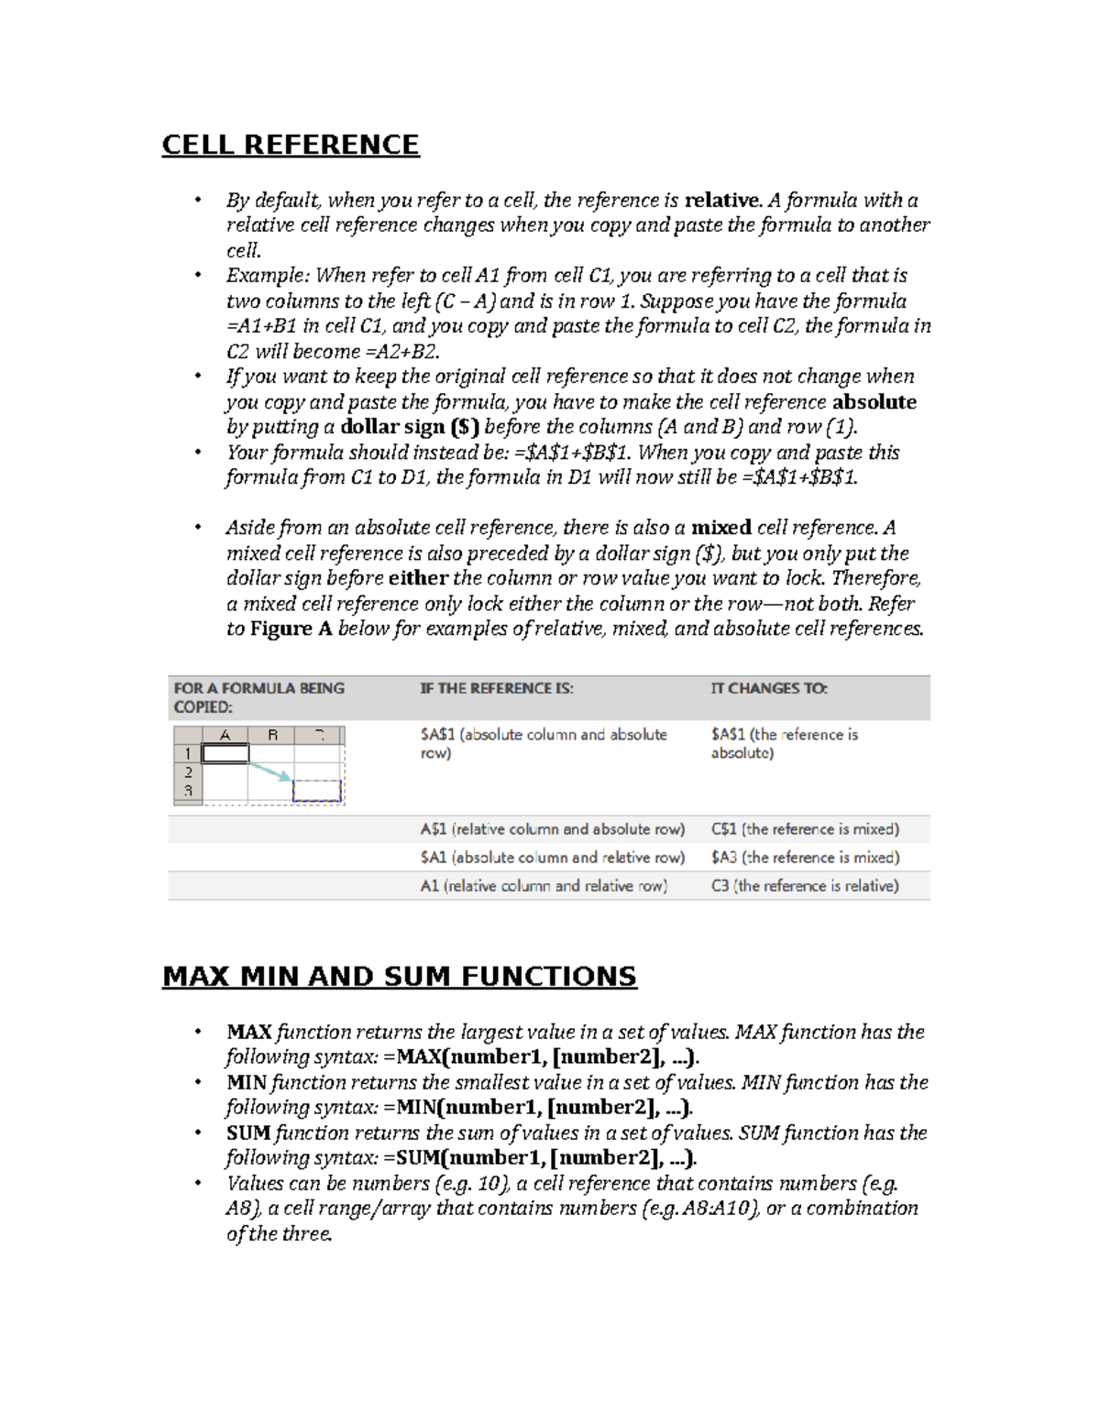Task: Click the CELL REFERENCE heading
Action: point(291,145)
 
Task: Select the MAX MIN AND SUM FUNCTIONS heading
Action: point(399,976)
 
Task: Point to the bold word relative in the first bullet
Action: point(722,201)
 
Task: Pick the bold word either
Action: point(418,578)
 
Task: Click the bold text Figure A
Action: point(291,629)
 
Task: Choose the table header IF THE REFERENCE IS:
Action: point(497,688)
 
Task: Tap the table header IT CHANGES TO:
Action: point(768,688)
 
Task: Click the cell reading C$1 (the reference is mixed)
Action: point(805,829)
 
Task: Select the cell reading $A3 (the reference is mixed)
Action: point(805,858)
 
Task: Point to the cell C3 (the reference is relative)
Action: point(805,886)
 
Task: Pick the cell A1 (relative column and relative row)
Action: point(544,886)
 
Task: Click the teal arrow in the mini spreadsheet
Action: point(270,771)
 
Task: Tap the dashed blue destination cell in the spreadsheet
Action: point(317,791)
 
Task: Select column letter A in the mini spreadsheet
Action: point(225,735)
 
